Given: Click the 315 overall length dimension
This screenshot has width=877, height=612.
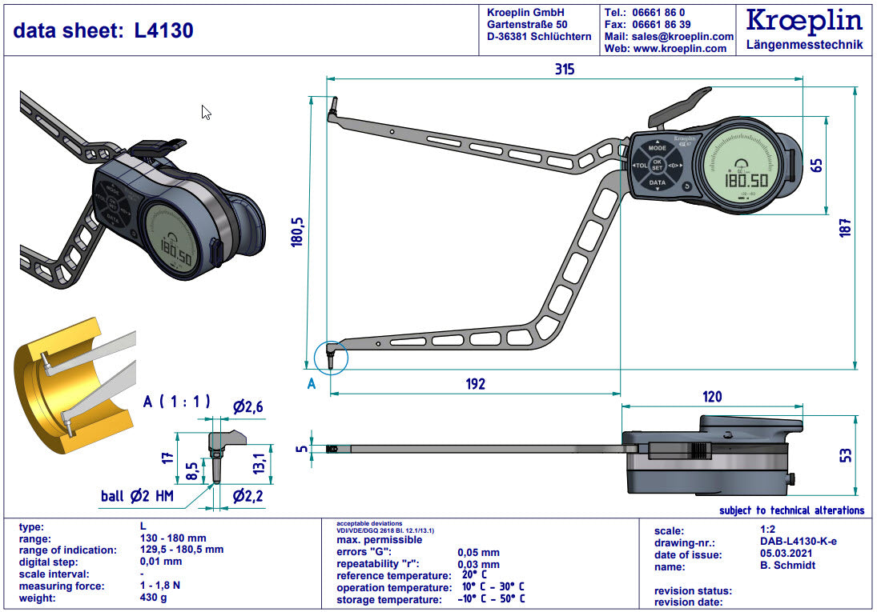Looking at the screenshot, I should click(x=565, y=69).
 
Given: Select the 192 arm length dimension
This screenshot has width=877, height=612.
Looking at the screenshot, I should click(x=476, y=384).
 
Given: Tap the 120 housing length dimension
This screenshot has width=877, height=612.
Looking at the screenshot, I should click(x=711, y=396).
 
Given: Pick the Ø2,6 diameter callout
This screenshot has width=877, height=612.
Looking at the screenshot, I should click(x=248, y=407).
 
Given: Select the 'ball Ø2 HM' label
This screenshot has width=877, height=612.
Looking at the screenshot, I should click(x=137, y=497).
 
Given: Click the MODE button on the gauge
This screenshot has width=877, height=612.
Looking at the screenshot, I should click(x=657, y=149).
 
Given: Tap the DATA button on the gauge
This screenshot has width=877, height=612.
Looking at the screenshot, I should click(x=657, y=182).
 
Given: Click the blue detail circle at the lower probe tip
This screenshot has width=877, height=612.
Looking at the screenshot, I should click(x=332, y=356).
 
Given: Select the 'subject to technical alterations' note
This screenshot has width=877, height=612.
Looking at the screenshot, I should click(x=791, y=510).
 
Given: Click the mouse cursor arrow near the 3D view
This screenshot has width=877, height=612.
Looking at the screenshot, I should click(x=206, y=113).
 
